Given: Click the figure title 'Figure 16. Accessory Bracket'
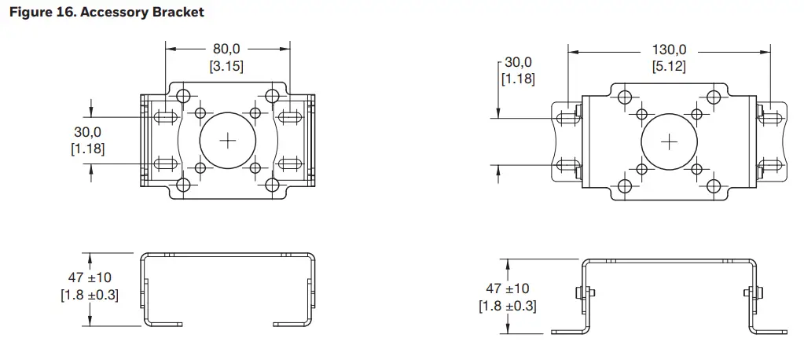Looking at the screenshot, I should click(106, 13).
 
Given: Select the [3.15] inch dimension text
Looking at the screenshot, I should click(226, 66).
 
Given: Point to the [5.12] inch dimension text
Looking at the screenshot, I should click(669, 66).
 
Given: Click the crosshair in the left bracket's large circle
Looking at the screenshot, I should click(228, 141).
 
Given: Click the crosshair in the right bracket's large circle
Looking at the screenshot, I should click(669, 142).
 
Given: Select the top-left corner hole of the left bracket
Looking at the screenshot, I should click(184, 96).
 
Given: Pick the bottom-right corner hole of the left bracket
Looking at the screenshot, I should click(272, 186).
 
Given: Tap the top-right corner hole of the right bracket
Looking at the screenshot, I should click(713, 97).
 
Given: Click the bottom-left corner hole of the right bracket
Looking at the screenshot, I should click(625, 186).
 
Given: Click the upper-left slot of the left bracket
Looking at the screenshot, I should click(164, 118).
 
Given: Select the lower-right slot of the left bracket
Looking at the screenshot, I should click(291, 163).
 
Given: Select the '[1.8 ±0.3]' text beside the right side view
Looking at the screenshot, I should click(507, 306).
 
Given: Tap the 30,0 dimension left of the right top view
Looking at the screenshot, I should click(518, 62).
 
